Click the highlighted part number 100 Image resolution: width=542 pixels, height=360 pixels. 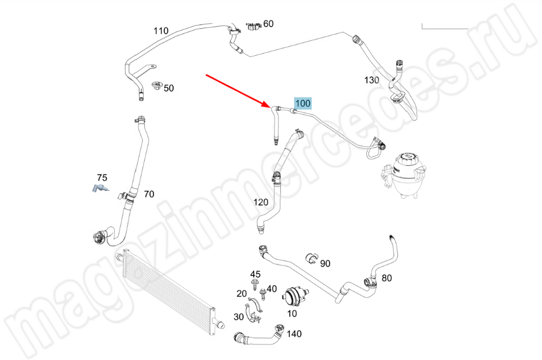[302, 103]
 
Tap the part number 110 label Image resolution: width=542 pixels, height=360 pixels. [161, 31]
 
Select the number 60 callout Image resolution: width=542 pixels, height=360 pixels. [268, 24]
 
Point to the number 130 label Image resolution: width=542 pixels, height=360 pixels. [371, 80]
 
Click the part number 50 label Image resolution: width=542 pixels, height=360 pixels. [169, 88]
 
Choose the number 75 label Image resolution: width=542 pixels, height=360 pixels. [102, 178]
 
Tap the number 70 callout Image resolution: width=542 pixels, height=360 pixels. [149, 194]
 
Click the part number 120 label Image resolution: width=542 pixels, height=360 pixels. [261, 202]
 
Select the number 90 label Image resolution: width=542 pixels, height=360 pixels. [325, 263]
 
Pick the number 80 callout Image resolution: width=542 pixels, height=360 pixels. [386, 279]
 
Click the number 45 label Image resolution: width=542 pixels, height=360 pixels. [255, 274]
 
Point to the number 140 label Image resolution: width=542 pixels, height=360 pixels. [294, 334]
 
